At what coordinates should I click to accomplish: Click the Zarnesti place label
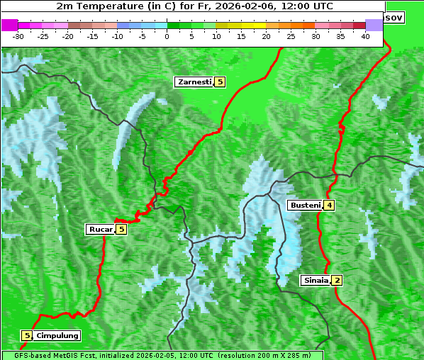pyautogui.click(x=194, y=82)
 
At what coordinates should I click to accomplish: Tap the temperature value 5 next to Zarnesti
pyautogui.click(x=220, y=82)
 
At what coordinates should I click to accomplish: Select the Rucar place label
pyautogui.click(x=100, y=229)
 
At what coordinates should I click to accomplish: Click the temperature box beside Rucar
pyautogui.click(x=121, y=229)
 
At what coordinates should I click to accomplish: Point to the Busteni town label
pyautogui.click(x=305, y=206)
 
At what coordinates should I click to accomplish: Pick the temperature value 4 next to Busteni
pyautogui.click(x=330, y=206)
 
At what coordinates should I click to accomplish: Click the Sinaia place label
pyautogui.click(x=316, y=280)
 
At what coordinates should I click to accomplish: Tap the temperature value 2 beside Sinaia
pyautogui.click(x=337, y=280)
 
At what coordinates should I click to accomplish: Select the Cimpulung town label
pyautogui.click(x=57, y=335)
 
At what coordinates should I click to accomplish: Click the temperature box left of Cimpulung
pyautogui.click(x=27, y=335)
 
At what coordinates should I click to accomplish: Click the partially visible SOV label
pyautogui.click(x=394, y=17)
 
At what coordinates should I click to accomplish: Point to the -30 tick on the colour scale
pyautogui.click(x=18, y=36)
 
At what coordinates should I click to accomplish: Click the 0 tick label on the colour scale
pyautogui.click(x=167, y=36)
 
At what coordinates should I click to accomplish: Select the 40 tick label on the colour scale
pyautogui.click(x=365, y=36)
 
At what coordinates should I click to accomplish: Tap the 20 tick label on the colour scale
pyautogui.click(x=266, y=36)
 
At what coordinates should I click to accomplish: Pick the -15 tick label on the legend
pyautogui.click(x=92, y=36)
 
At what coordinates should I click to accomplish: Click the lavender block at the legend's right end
pyautogui.click(x=374, y=25)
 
